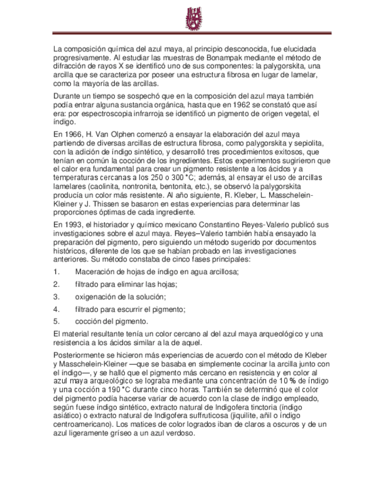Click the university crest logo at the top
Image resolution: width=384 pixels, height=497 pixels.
[192, 19]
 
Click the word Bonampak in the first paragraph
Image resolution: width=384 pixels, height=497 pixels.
[223, 59]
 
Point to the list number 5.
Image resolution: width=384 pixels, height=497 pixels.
[56, 321]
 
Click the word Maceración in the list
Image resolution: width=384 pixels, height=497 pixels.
[96, 272]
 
